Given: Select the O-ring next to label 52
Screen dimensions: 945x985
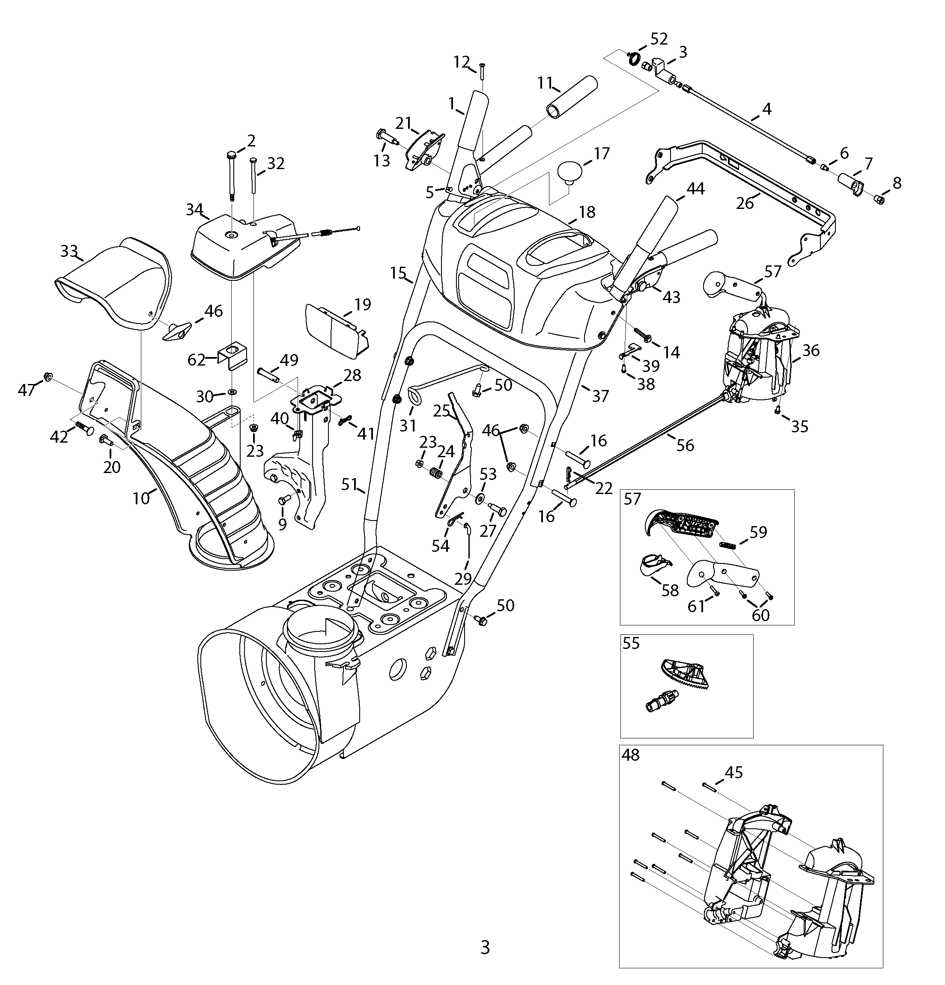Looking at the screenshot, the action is tap(635, 59).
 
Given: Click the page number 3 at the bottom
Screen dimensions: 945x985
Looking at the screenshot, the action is tap(485, 947).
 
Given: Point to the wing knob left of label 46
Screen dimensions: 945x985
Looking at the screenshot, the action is tap(177, 330).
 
